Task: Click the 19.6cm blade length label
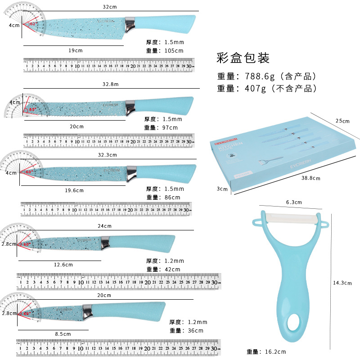pyautogui.click(x=74, y=190)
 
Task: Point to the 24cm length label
pyautogui.click(x=105, y=226)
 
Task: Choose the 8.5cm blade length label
pyautogui.click(x=63, y=334)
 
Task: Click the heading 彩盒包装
pyautogui.click(x=243, y=58)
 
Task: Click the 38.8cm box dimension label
pyautogui.click(x=311, y=178)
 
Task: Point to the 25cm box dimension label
pyautogui.click(x=343, y=121)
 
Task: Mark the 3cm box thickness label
pyautogui.click(x=222, y=189)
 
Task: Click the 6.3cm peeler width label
pyautogui.click(x=293, y=202)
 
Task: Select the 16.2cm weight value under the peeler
pyautogui.click(x=275, y=352)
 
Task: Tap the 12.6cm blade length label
pyautogui.click(x=63, y=265)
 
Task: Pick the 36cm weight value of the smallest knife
pyautogui.click(x=194, y=330)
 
